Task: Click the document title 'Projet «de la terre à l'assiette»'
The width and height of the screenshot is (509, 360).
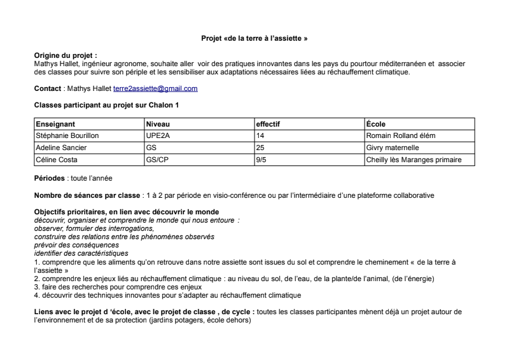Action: [x=254, y=39]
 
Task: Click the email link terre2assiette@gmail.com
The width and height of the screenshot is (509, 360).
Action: [x=155, y=88]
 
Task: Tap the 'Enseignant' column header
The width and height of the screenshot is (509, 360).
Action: [x=56, y=124]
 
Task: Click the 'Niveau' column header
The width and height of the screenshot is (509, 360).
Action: [x=158, y=124]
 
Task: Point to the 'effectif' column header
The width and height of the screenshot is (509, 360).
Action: [x=268, y=124]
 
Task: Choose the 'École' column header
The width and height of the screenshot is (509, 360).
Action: [x=376, y=124]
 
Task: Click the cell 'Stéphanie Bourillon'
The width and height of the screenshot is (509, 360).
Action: [x=68, y=135]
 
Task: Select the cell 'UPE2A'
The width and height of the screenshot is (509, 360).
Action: [x=158, y=135]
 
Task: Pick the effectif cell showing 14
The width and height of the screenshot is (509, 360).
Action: [x=260, y=135]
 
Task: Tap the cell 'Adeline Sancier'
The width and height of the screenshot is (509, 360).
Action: [x=62, y=148]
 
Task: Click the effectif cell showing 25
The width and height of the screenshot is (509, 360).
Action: [x=260, y=148]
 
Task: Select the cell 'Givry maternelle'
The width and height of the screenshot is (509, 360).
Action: [x=393, y=148]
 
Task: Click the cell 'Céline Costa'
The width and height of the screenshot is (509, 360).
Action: [x=57, y=160]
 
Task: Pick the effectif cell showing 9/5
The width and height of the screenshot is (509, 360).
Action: [x=261, y=160]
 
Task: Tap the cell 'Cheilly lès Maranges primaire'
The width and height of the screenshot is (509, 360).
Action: [x=414, y=160]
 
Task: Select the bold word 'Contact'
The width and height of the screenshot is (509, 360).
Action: [x=48, y=88]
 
